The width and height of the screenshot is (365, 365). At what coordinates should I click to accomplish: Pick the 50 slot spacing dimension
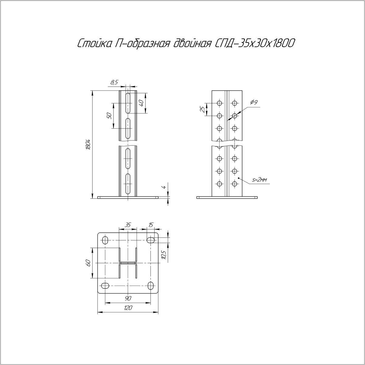[109, 116]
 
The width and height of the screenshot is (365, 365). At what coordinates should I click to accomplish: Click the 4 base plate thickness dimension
[164, 187]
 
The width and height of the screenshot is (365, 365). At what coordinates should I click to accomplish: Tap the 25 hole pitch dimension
[203, 109]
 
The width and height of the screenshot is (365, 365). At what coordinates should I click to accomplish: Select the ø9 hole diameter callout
[254, 103]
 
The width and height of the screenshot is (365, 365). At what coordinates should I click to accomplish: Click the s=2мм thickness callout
[260, 180]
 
